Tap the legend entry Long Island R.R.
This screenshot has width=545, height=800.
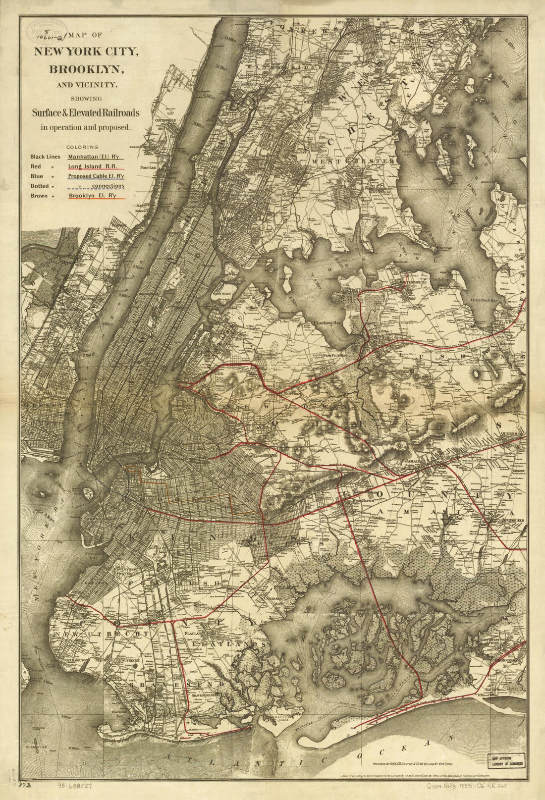93,166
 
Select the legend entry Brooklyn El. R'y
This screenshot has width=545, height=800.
93,196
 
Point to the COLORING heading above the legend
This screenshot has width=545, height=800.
82,147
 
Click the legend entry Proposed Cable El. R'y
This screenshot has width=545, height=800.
96,176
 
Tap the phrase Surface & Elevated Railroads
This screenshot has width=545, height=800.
86,113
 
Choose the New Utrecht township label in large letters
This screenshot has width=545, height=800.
102,634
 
